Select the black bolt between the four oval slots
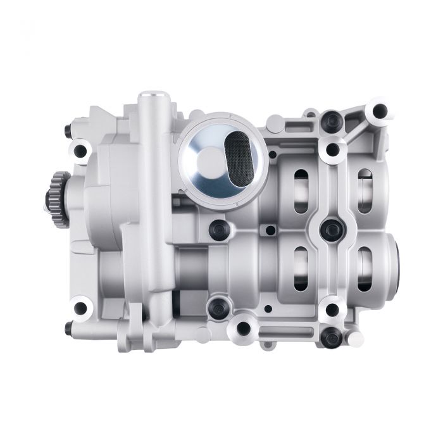pos(330,228)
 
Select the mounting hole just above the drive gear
pos(80,151)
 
